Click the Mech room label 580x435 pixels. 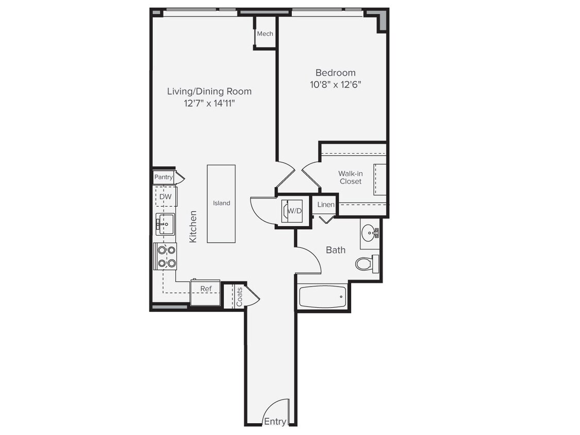pos(265,34)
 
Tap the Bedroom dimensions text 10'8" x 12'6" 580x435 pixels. pos(336,85)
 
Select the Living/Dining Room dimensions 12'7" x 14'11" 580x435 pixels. pos(209,104)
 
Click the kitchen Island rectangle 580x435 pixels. pos(221,204)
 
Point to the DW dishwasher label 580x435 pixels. pos(165,197)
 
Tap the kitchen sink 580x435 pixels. pos(165,225)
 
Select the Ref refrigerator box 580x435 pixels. pos(206,292)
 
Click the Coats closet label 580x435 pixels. pos(239,296)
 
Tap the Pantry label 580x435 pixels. pos(163,177)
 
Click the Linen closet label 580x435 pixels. pos(326,205)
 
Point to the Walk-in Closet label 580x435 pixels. pos(350,177)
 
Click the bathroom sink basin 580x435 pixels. pos(369,233)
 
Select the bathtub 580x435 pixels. pos(323,297)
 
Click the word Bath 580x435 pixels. pos(336,250)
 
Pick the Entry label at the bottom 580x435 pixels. pos(275,421)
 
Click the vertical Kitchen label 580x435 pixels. pos(193,226)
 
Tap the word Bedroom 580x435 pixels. pos(336,73)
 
